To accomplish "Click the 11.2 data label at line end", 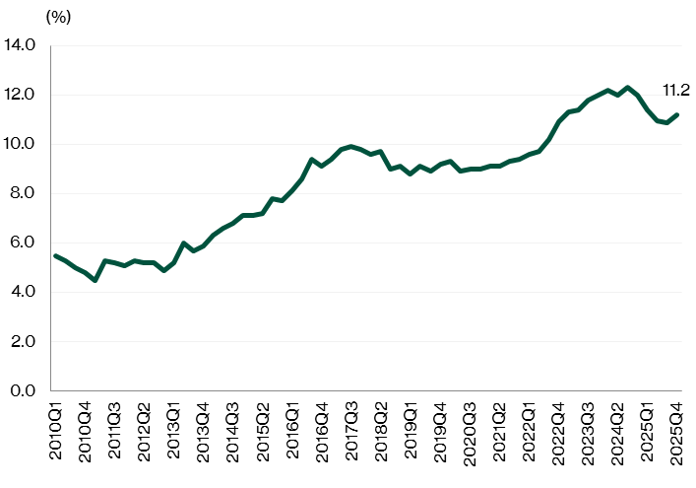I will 675,90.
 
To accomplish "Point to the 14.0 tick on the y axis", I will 20,45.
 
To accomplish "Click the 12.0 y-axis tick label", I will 20,95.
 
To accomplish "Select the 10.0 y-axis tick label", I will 20,144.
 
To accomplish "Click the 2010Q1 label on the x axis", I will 55,426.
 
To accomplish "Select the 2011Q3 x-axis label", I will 114,426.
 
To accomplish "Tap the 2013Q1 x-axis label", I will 173,426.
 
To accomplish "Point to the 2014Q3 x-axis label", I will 232,426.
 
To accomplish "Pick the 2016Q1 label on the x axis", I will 292,426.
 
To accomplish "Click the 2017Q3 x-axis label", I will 351,426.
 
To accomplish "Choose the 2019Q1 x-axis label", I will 411,426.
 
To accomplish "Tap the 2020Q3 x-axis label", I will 470,426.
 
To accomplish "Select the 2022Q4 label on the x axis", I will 559,426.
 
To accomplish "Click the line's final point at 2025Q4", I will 676,114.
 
